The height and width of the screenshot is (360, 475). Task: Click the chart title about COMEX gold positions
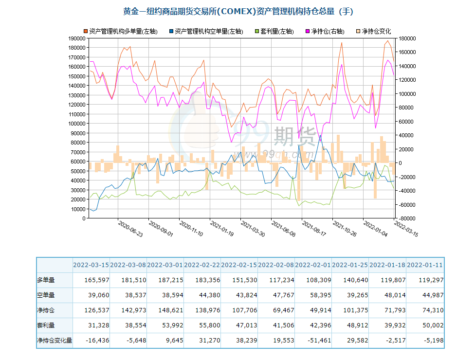tap(237, 11)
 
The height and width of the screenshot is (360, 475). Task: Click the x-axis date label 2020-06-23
tap(130, 228)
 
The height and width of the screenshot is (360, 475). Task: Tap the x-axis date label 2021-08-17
tap(313, 228)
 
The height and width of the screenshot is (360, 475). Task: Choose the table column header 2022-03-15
tap(91, 265)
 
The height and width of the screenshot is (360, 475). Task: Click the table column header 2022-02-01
tap(313, 265)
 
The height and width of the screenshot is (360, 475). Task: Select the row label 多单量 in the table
tap(46, 280)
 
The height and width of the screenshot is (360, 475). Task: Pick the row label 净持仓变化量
tap(55, 341)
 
